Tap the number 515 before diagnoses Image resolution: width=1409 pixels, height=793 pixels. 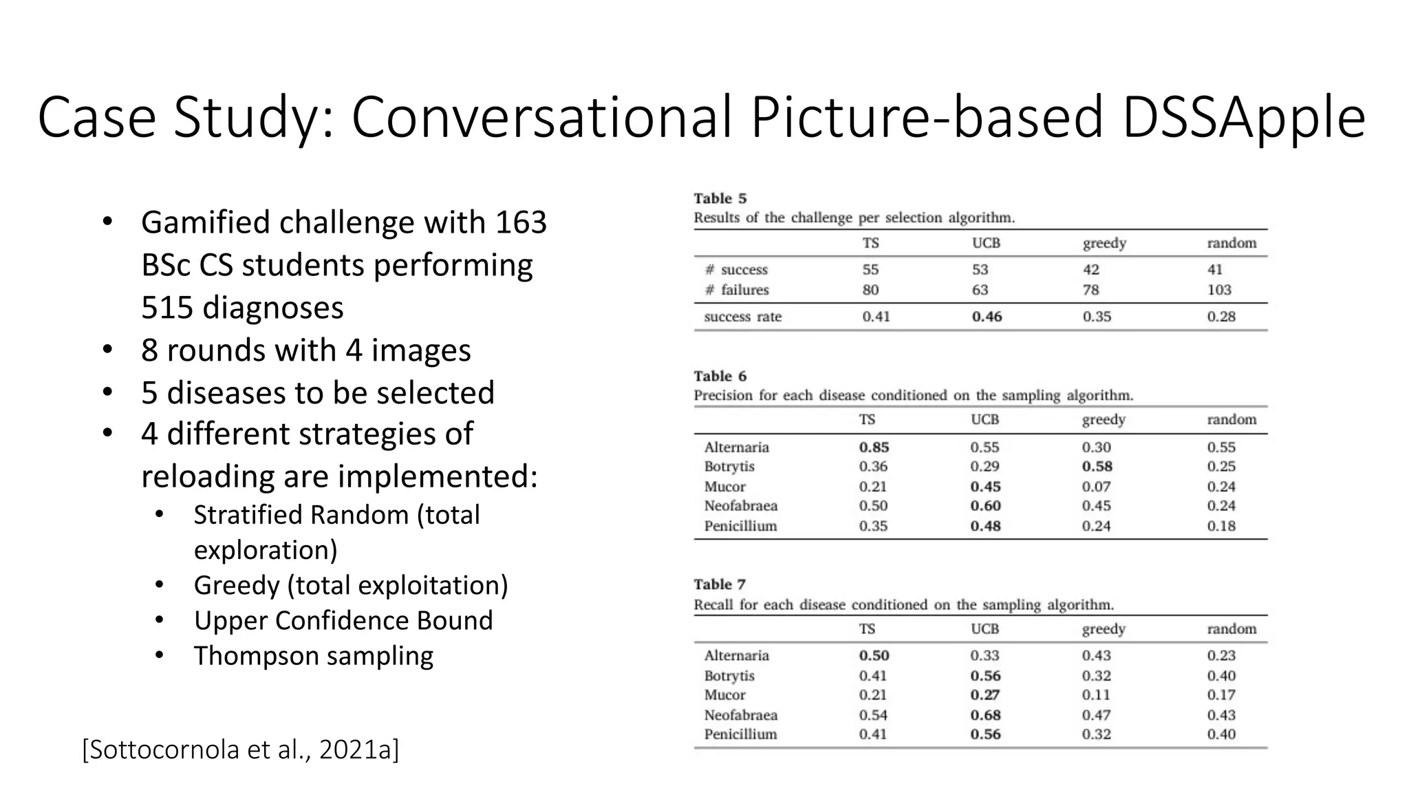[167, 308]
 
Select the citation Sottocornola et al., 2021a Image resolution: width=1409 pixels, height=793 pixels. [240, 749]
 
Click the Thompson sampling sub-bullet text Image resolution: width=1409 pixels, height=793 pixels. [313, 656]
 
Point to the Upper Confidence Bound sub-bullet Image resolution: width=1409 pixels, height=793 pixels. [343, 620]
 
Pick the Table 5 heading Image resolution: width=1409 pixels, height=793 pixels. [720, 199]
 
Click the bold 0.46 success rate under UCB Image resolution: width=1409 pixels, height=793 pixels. [987, 317]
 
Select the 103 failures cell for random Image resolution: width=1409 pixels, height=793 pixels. [1219, 290]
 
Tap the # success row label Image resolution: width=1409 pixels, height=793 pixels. [735, 270]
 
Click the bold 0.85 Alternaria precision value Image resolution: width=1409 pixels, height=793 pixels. [874, 447]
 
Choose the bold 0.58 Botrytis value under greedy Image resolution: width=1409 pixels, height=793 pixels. [1097, 467]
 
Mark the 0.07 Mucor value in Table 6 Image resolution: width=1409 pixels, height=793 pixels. [1096, 487]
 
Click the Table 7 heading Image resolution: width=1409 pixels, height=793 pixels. [720, 584]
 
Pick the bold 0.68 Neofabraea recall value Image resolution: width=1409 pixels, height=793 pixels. [985, 715]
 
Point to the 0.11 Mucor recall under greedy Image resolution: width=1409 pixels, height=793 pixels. [1096, 695]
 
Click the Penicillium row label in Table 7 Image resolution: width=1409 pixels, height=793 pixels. [740, 734]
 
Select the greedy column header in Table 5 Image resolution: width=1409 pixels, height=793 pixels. [1104, 243]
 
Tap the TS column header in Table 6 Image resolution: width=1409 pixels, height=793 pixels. [867, 420]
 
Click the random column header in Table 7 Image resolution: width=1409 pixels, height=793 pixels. [1231, 629]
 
